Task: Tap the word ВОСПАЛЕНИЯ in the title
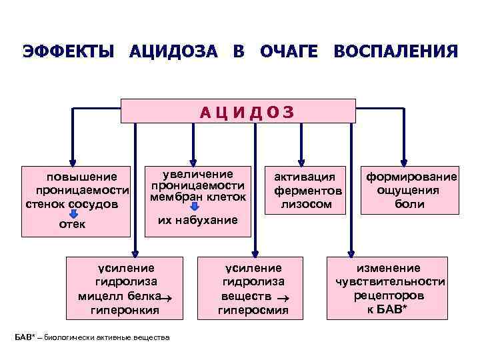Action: (x=396, y=52)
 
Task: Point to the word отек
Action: (x=72, y=225)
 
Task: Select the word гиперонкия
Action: (x=124, y=310)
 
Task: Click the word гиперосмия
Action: (x=253, y=310)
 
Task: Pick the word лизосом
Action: (x=307, y=204)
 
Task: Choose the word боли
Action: (x=409, y=204)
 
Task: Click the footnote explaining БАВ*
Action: (x=92, y=338)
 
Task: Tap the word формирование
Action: (x=409, y=177)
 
